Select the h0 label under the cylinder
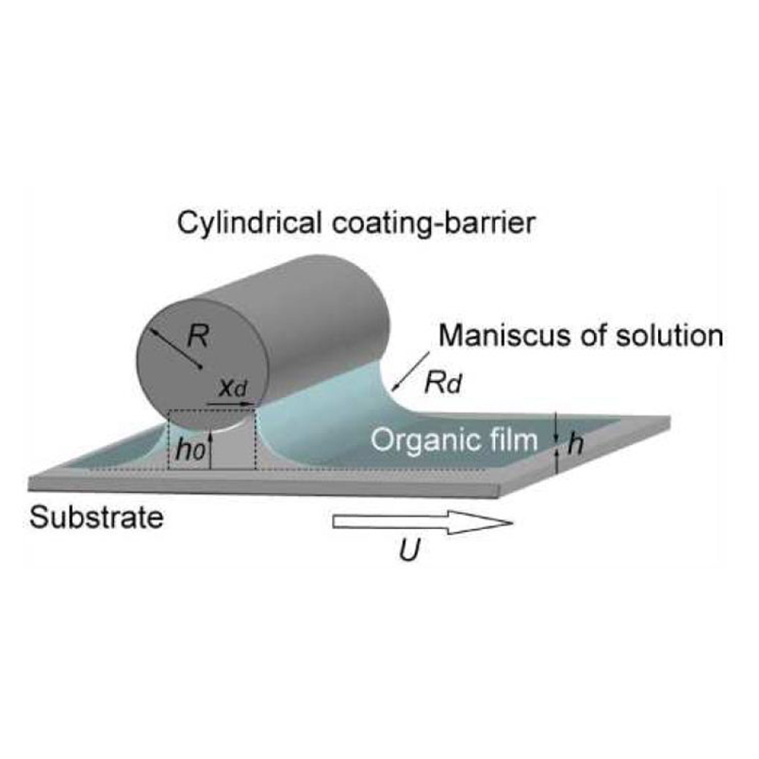(187, 450)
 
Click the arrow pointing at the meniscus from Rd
(406, 376)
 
